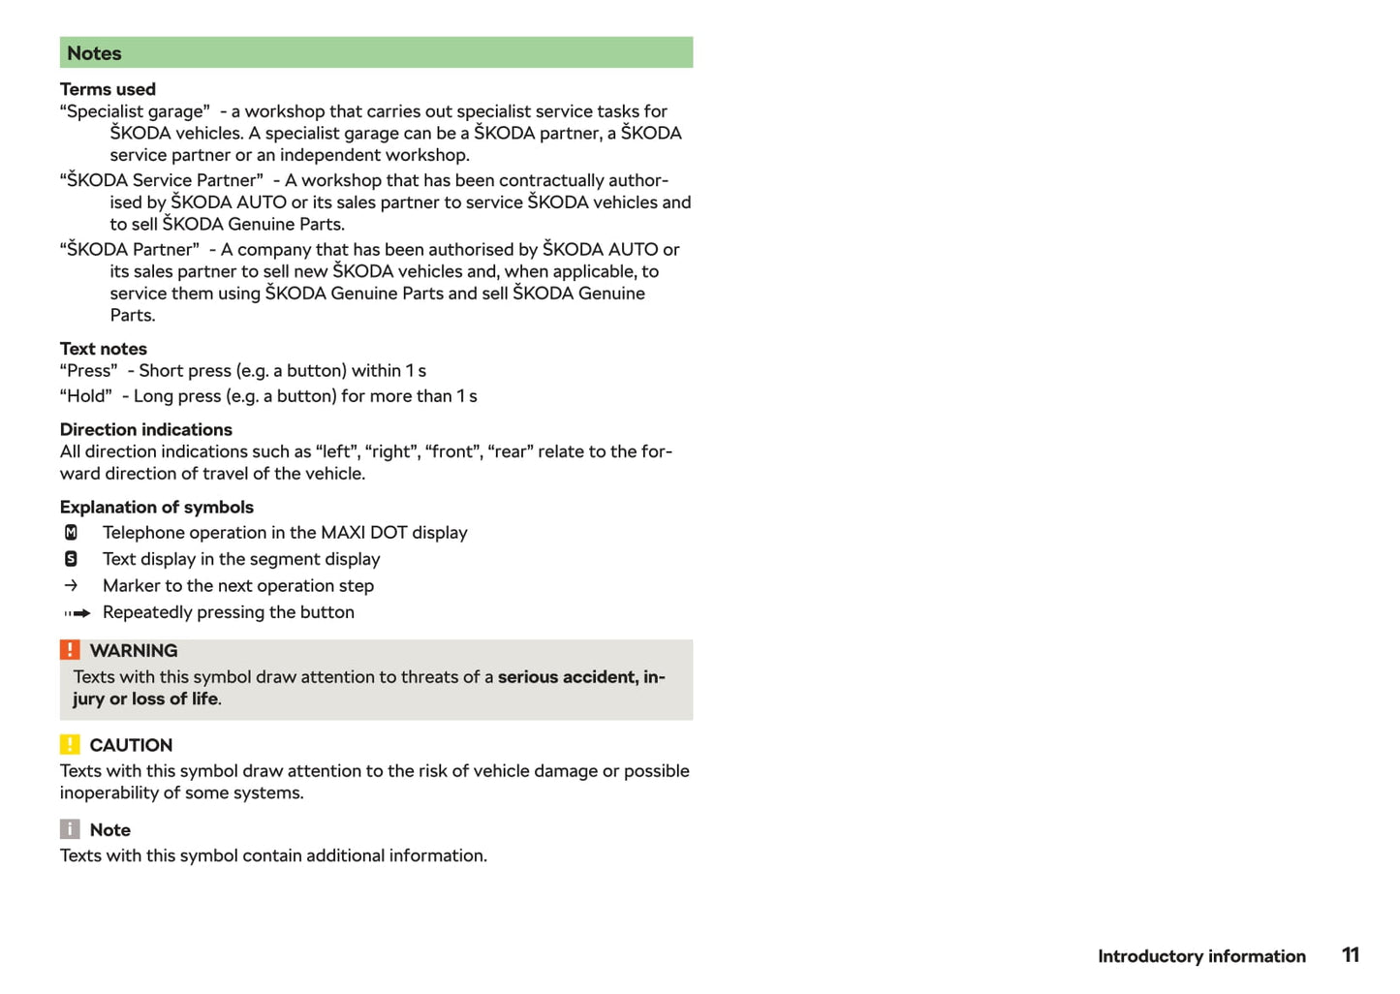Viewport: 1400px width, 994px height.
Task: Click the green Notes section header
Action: point(376,53)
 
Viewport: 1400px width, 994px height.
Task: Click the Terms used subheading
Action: point(108,89)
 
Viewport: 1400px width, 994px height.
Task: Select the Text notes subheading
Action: point(104,349)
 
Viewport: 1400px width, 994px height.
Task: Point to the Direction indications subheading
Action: point(146,429)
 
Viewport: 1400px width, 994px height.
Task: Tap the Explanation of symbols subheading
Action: point(157,507)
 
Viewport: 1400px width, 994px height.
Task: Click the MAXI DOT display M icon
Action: point(71,533)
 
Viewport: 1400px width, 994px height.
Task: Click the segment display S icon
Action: point(71,559)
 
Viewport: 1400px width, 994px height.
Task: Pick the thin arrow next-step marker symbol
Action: point(71,585)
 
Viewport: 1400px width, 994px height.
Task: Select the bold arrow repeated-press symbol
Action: point(77,613)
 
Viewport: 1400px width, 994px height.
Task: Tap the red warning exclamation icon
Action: point(70,650)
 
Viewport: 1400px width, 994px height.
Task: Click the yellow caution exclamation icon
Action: point(70,744)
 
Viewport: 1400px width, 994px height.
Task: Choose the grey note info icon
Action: point(70,829)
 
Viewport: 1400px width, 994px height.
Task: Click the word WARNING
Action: point(134,651)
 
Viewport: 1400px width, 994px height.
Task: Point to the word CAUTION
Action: point(131,745)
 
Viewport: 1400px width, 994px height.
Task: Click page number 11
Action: point(1351,955)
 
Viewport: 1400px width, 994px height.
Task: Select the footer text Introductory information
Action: point(1201,956)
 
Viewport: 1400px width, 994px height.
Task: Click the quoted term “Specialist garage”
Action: point(135,111)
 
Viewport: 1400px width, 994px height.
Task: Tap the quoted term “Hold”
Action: point(86,396)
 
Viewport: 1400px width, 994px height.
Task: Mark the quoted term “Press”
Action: point(89,371)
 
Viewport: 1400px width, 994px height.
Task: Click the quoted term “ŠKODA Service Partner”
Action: point(162,180)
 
